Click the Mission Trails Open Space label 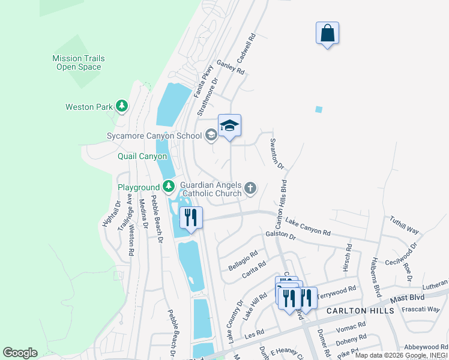(x=79, y=62)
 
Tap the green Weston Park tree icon (x=122, y=107)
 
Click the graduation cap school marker (x=229, y=126)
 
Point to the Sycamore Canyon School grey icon (x=211, y=136)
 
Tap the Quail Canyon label (x=142, y=156)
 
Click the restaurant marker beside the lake (x=191, y=218)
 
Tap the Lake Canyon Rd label (x=307, y=227)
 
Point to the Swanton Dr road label (x=277, y=154)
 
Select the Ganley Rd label (x=231, y=67)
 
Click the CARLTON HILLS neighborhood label (x=360, y=311)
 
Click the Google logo (x=20, y=353)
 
